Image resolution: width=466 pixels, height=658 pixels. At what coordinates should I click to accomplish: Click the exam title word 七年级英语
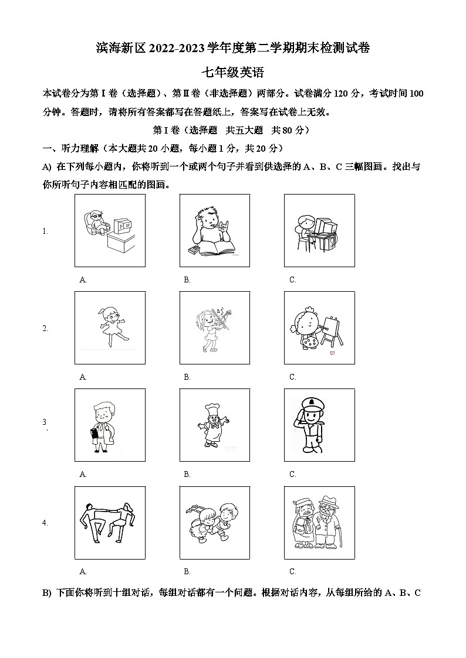(232, 73)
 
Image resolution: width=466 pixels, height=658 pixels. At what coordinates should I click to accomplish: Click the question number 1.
(45, 231)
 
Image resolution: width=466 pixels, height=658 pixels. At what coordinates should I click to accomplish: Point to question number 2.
(45, 329)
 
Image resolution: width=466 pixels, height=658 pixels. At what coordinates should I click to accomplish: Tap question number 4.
(45, 523)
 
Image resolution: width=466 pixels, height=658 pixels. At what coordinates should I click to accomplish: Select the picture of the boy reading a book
(214, 231)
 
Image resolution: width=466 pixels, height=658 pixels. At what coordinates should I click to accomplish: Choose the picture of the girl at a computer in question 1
(319, 231)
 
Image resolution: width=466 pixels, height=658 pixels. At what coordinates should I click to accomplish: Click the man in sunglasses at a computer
(110, 231)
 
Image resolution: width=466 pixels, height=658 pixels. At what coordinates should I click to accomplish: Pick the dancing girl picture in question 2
(110, 328)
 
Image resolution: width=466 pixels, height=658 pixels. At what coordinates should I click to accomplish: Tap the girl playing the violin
(214, 328)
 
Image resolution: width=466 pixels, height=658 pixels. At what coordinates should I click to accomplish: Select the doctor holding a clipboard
(110, 425)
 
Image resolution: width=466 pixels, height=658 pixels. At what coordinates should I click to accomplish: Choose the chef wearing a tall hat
(214, 425)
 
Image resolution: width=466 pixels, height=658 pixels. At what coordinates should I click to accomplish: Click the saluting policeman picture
(319, 425)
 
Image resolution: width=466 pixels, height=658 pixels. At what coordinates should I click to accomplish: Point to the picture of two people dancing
(110, 522)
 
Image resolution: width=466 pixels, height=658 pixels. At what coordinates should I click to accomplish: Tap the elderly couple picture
(319, 522)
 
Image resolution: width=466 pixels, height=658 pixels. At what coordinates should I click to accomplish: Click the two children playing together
(214, 522)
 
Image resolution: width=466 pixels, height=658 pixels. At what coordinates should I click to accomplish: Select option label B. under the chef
(187, 475)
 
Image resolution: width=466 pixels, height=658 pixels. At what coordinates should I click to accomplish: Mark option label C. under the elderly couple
(292, 572)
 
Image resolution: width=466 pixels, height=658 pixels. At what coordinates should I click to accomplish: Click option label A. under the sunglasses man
(83, 280)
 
